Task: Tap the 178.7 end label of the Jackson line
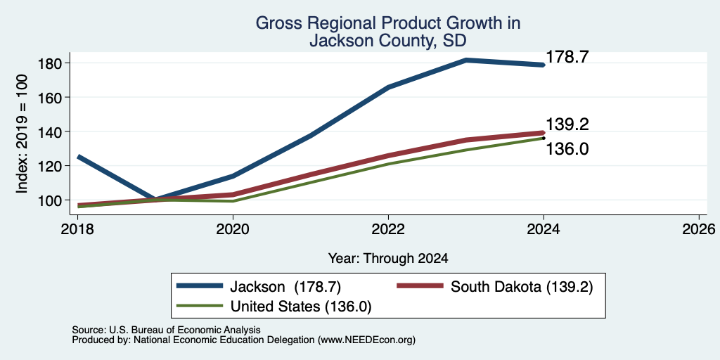point(567,57)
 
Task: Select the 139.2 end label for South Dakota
point(567,124)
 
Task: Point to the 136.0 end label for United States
point(567,149)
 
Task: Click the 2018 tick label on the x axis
point(78,229)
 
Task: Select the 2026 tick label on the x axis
point(699,229)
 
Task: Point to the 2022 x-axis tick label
point(388,229)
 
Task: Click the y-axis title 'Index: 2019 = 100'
point(22,134)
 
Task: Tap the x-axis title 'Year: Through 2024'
point(388,259)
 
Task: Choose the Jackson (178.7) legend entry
point(259,287)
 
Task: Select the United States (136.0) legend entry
point(274,307)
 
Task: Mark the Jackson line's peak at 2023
point(466,60)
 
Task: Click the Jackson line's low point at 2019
point(155,199)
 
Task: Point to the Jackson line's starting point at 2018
point(79,157)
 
